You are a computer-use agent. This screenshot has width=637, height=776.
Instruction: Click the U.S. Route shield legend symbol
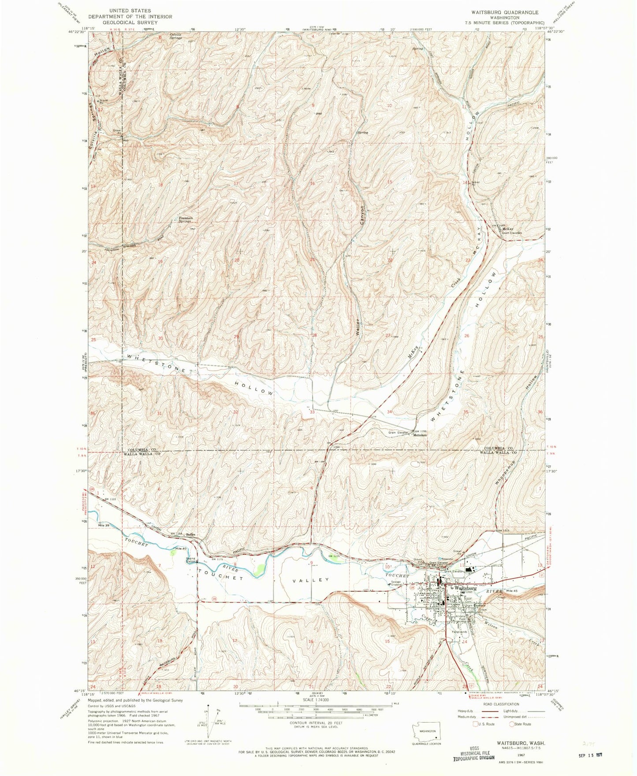coord(475,724)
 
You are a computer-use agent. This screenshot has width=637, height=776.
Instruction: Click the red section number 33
coord(312,412)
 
